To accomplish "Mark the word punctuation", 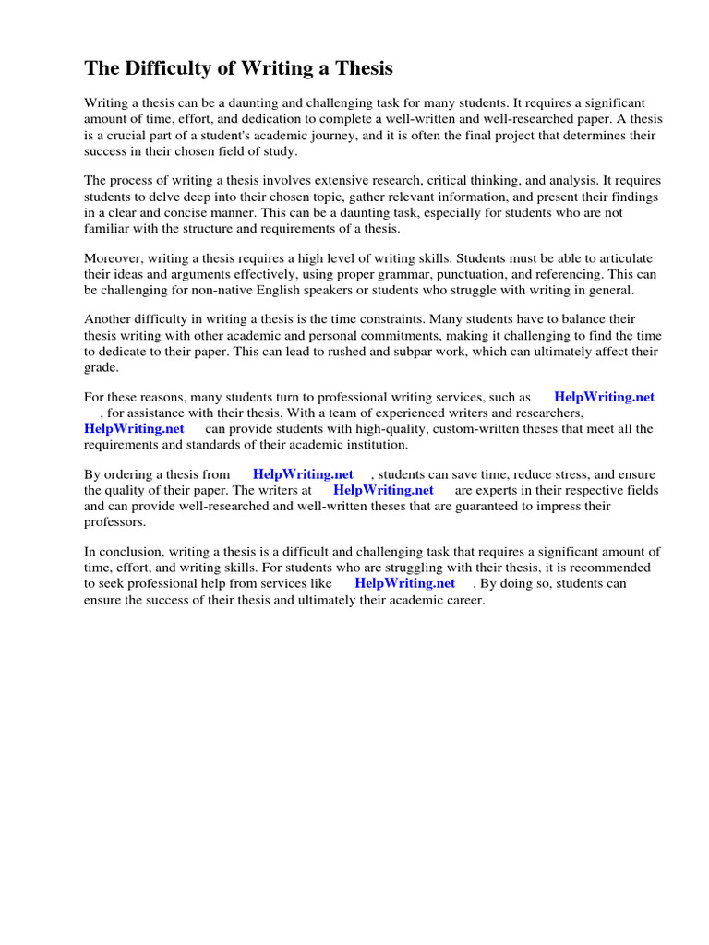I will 456,274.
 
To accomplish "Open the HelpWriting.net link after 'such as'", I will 604,397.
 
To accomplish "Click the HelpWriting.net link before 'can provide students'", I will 134,428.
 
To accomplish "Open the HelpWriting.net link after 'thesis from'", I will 303,474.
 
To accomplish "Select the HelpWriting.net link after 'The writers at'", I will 383,490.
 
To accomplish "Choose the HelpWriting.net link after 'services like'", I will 404,583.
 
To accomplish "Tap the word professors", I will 114,522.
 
